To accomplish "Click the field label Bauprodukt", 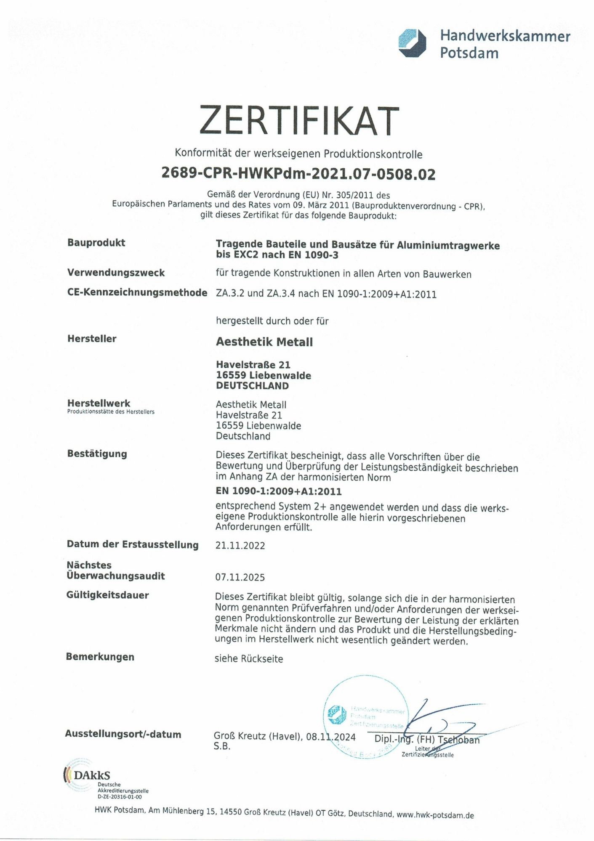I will (96, 243).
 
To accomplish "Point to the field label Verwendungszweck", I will (116, 273).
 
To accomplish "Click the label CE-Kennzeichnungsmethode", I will (137, 292).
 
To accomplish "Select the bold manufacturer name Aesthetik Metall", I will (264, 342).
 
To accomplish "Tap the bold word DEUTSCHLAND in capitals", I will (252, 386).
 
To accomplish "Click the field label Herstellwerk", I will (99, 403).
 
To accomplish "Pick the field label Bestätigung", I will (97, 454).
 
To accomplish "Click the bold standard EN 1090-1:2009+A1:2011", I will (278, 491).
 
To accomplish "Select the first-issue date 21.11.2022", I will (240, 546).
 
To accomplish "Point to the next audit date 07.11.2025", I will (240, 577).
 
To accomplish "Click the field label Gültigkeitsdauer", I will (107, 595).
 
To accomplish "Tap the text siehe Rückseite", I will (248, 659).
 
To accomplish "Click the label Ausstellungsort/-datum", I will (123, 734).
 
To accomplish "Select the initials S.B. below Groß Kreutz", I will (222, 746).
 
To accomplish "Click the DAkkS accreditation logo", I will (87, 775).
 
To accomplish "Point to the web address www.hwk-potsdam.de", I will (435, 815).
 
